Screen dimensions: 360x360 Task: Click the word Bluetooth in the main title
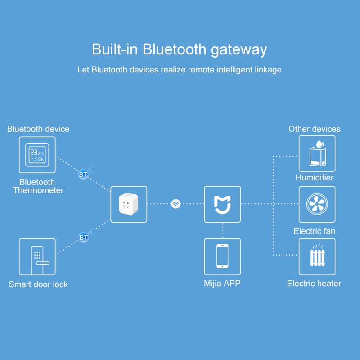(174, 49)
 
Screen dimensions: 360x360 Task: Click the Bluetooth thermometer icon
(37, 155)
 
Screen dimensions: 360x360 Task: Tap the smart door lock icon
(39, 261)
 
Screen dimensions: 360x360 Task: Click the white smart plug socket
(128, 204)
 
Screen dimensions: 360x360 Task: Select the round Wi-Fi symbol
(176, 204)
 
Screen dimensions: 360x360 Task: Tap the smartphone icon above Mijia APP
(222, 256)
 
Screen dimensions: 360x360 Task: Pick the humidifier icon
(318, 153)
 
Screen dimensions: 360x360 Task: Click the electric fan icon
(317, 204)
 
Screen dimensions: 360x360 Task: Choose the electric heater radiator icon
(317, 255)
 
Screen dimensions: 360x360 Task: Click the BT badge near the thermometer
(83, 175)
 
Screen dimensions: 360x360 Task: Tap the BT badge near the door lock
(84, 238)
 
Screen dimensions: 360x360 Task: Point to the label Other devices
(314, 129)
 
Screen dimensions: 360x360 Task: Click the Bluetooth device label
(38, 129)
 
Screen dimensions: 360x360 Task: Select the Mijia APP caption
(222, 283)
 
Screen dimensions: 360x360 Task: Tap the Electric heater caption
(314, 283)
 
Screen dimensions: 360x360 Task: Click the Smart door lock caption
(38, 284)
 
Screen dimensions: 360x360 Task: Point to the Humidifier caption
(314, 177)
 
